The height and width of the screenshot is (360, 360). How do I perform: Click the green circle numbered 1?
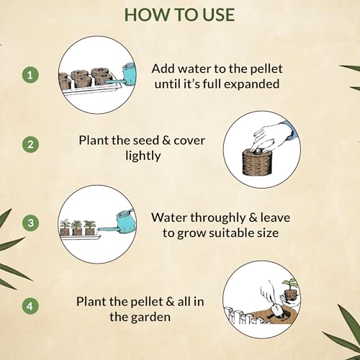tap(30, 75)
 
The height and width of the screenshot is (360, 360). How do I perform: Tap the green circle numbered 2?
tap(30, 145)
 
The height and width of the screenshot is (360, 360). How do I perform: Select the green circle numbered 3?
tap(30, 222)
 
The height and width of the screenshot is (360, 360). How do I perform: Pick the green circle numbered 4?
tap(30, 306)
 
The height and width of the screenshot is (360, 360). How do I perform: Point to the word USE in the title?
tap(218, 14)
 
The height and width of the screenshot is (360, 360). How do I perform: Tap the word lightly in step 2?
tap(143, 156)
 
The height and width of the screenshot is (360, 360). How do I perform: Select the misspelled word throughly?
tap(219, 218)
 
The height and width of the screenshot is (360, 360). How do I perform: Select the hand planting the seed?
tap(272, 138)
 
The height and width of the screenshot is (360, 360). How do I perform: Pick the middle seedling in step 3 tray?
tap(77, 228)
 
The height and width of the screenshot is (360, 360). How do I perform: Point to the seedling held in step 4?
tap(290, 287)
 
